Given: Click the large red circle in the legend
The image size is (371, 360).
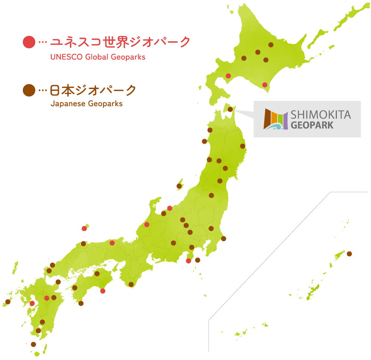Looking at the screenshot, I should pos(29,42).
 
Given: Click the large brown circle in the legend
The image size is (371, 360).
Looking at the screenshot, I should pos(29,90).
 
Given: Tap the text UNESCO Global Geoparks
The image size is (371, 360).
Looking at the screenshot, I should pos(98,57).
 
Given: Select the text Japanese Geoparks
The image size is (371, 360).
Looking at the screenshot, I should pos(86,104).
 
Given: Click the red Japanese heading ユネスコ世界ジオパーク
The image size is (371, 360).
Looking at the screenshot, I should pos(120,42).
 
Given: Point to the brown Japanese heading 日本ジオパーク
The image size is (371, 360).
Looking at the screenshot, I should pos(93,90).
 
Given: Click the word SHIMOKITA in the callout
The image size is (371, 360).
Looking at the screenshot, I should pos(321,114).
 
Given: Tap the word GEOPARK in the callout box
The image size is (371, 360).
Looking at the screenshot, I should pos(312,125).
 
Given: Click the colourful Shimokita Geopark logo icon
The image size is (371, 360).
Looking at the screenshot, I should pos(276,119).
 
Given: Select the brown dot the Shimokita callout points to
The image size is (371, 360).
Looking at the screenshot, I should pos(230,109).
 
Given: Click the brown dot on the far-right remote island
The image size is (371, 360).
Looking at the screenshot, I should pos(349,254).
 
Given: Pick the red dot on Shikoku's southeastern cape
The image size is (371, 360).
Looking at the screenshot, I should pos(103,291).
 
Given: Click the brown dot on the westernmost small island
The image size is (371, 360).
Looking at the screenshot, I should pos(8,302).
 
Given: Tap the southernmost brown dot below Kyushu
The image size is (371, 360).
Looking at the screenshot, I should pos(33,344).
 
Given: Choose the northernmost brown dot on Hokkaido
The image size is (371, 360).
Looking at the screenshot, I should pos(271,45).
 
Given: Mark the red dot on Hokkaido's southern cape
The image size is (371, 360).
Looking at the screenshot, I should pos(265,85).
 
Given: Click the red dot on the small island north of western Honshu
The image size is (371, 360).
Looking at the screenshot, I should pos(84,229).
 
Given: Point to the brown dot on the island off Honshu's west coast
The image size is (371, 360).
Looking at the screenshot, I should pos(179,186).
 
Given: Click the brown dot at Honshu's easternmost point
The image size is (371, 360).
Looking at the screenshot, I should pos(243,146).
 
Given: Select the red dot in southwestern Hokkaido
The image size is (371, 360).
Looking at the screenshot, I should pos(228,76).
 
